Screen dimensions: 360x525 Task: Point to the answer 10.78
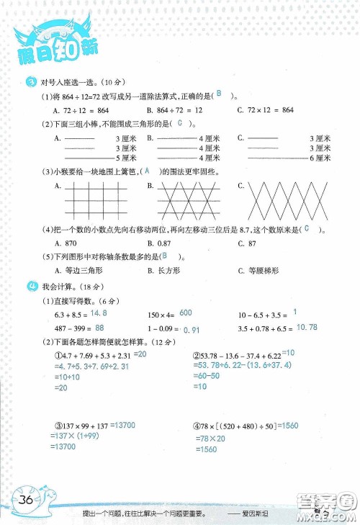pos(307,328)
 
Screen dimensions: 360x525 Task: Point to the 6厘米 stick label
pos(320,157)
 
